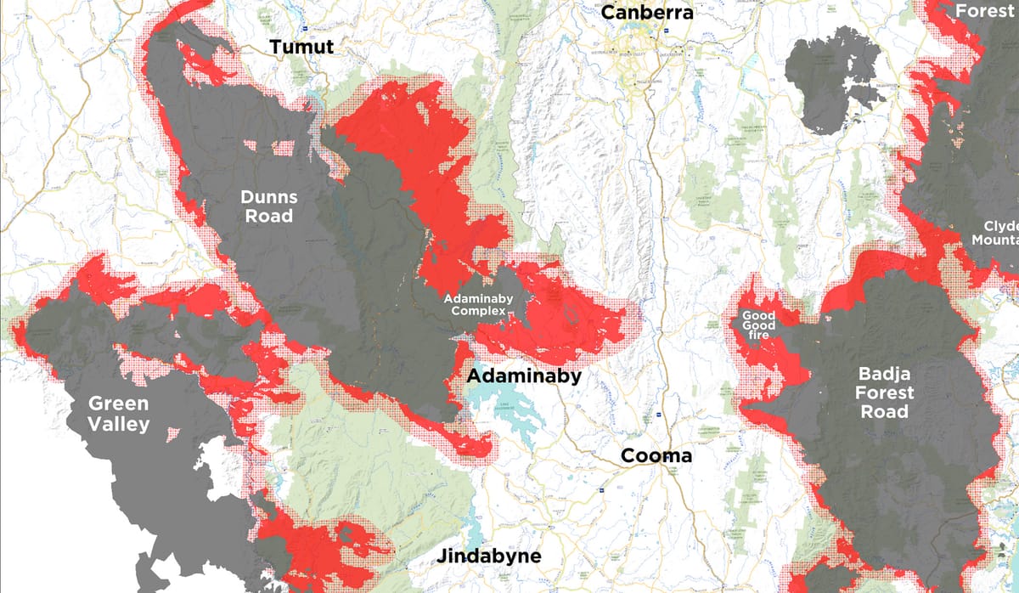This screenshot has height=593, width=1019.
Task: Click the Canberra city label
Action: click(x=647, y=13)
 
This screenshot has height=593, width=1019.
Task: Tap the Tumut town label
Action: click(x=301, y=47)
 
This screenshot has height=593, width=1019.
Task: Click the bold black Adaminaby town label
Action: click(x=525, y=376)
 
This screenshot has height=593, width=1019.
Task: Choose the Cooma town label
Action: click(x=656, y=455)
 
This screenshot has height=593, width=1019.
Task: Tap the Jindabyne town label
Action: click(x=488, y=556)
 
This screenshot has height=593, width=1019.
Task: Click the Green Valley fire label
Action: click(x=118, y=413)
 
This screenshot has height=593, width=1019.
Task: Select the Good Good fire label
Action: click(x=758, y=325)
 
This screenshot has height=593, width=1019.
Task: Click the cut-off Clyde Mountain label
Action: click(x=995, y=233)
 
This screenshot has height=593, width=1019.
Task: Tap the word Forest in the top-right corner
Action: click(x=985, y=11)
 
